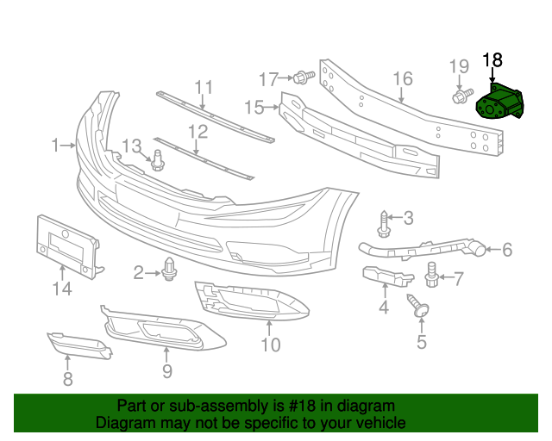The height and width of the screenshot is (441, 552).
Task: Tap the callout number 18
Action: [492, 59]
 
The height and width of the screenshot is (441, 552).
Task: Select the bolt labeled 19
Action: [461, 94]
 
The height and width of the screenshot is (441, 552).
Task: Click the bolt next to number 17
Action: [301, 78]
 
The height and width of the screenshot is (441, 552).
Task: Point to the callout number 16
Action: [403, 80]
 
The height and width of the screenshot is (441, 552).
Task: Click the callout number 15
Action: [254, 107]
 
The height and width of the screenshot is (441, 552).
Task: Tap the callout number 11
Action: [204, 86]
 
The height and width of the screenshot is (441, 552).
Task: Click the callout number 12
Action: [198, 132]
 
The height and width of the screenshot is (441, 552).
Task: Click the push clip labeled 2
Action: [169, 271]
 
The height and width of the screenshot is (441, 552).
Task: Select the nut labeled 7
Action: [433, 276]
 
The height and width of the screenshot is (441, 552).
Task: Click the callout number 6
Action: [507, 251]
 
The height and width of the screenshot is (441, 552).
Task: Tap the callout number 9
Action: [167, 371]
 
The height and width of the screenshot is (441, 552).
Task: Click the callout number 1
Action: [54, 146]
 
